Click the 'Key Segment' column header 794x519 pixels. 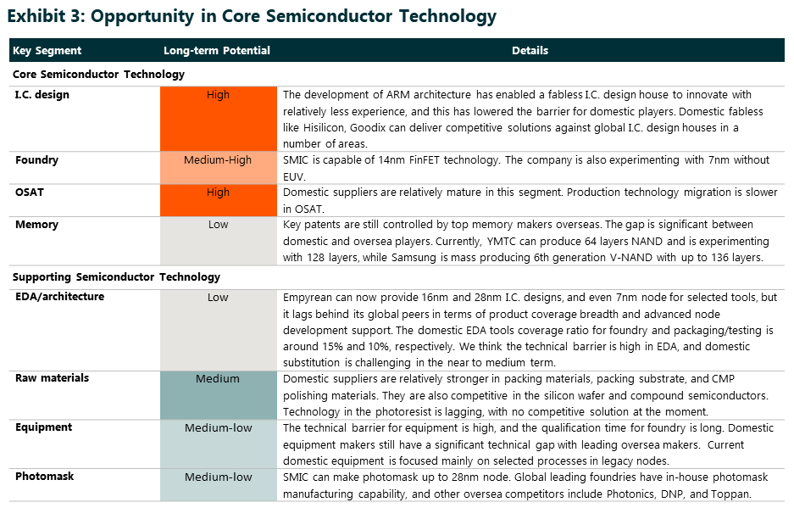point(47,51)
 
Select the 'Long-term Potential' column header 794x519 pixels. point(217,51)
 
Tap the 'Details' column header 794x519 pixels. point(530,51)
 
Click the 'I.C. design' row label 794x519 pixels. point(42,95)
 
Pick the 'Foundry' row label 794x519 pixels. point(36,160)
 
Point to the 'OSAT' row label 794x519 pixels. point(30,193)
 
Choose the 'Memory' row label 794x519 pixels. point(36,225)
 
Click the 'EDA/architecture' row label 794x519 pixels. point(60,297)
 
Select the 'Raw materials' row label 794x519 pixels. point(52,378)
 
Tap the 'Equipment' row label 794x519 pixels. point(43,427)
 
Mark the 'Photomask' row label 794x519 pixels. point(45,477)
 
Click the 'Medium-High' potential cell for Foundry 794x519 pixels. point(219,168)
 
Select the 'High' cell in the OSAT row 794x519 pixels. point(219,200)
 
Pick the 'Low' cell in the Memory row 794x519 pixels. point(219,241)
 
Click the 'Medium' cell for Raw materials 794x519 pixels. point(219,395)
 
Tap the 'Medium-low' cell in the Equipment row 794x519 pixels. point(219,444)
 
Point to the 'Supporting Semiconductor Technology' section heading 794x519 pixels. point(116,277)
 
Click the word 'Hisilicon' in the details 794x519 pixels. point(324,128)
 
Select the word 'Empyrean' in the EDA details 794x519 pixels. point(308,298)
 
